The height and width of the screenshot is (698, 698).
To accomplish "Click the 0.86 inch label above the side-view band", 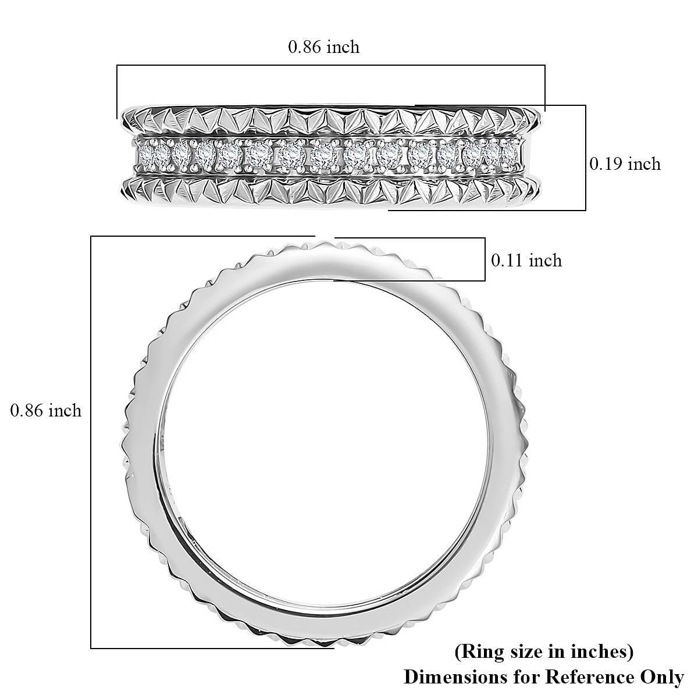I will pyautogui.click(x=323, y=47).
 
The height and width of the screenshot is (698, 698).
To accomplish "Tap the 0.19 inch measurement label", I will pyautogui.click(x=625, y=165).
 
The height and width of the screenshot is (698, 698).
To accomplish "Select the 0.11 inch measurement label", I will pyautogui.click(x=526, y=260).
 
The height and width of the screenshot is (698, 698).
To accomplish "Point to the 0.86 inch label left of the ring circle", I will pyautogui.click(x=46, y=411).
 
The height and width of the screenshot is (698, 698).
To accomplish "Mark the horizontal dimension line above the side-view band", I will pyautogui.click(x=330, y=65).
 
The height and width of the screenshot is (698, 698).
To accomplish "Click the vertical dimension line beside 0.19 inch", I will pyautogui.click(x=585, y=157).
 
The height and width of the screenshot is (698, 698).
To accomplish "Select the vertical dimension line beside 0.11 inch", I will pyautogui.click(x=485, y=259).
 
